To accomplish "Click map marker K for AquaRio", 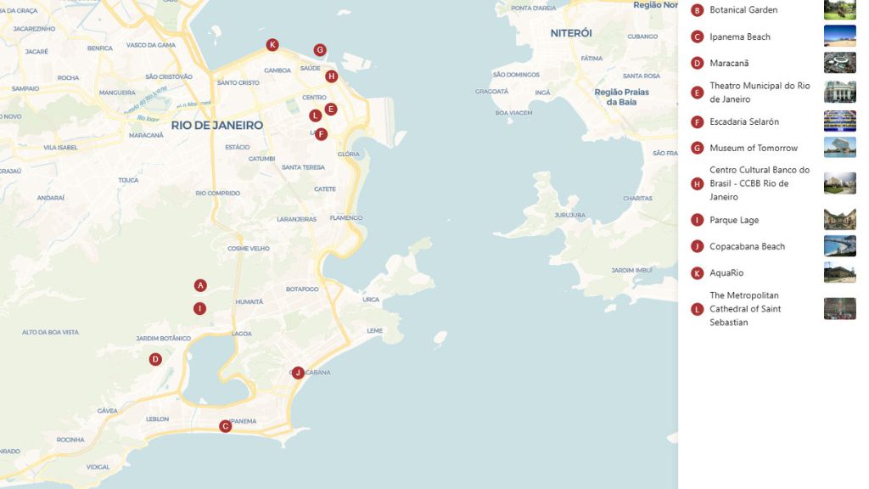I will click(272, 45).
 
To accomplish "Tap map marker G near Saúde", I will click(320, 50).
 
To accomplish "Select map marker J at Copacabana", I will click(298, 373).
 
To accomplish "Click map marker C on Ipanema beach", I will click(225, 426).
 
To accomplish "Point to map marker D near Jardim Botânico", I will click(155, 359).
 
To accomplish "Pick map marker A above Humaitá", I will click(200, 285).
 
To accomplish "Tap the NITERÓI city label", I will click(571, 33).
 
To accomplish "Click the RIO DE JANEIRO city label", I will click(217, 125).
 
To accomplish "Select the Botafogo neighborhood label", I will click(302, 289).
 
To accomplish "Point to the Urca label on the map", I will click(371, 300).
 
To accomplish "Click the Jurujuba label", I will click(570, 215).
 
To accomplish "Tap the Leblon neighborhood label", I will click(158, 419).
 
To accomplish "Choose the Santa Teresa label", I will click(303, 167).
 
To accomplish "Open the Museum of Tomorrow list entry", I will click(754, 148).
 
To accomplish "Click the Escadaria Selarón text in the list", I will click(744, 121).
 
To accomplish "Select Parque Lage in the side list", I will click(734, 220).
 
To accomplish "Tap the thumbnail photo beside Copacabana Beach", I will click(839, 246).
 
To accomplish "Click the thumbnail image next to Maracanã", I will click(839, 63).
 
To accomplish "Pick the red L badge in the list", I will click(698, 309).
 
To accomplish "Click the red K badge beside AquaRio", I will click(698, 273).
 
